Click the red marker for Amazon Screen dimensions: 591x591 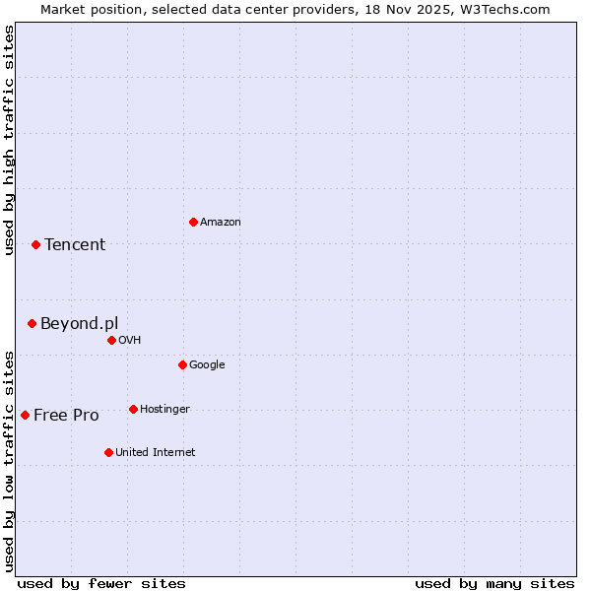[193, 222]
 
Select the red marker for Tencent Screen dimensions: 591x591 [35, 244]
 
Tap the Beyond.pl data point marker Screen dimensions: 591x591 [32, 323]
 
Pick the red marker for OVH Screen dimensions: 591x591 [111, 340]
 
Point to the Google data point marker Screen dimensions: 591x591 [182, 364]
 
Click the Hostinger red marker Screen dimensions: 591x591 [133, 409]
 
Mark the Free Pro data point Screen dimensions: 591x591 [25, 415]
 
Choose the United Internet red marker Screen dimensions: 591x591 [108, 452]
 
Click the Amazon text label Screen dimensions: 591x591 [221, 223]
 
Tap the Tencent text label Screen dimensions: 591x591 [75, 245]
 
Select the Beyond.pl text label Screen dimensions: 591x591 [79, 324]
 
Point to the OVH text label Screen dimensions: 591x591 [130, 341]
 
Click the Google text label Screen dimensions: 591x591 [207, 365]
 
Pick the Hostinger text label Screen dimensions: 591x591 [164, 410]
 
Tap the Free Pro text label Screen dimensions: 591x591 [66, 416]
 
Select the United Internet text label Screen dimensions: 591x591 [155, 453]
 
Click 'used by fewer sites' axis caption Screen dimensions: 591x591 [101, 583]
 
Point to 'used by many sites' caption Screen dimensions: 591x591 [494, 583]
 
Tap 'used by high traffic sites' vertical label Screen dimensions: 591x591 [10, 140]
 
